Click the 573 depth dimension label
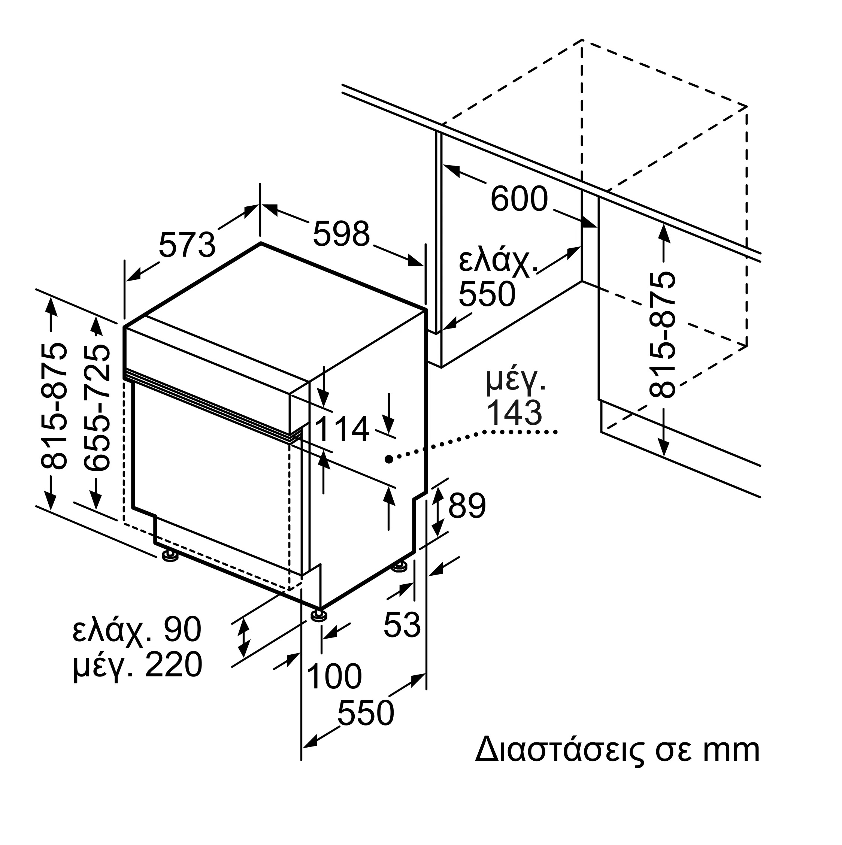coord(187,245)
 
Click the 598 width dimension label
coord(342,234)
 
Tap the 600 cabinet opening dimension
coord(519,199)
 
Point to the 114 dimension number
coord(342,429)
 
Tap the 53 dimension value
coord(402,624)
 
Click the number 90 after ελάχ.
coord(182,629)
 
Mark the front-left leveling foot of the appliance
coord(170,556)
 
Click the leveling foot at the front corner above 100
coord(319,615)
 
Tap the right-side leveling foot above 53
coord(399,567)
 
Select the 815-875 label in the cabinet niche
coord(662,335)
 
